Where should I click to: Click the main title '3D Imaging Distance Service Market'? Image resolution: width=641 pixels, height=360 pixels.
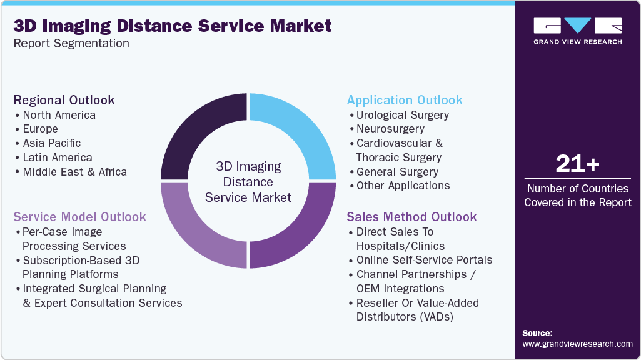pyautogui.click(x=173, y=26)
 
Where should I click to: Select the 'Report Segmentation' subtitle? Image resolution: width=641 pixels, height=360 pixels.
pyautogui.click(x=71, y=44)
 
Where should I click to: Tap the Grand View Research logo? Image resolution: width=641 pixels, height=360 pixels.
pyautogui.click(x=577, y=31)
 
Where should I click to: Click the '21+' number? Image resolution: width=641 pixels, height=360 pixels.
pyautogui.click(x=577, y=164)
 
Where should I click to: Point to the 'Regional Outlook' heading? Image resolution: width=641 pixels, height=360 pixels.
pyautogui.click(x=64, y=100)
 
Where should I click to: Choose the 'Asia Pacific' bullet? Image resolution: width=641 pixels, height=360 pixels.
pyautogui.click(x=51, y=143)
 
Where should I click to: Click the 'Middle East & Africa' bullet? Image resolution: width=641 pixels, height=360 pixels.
pyautogui.click(x=74, y=172)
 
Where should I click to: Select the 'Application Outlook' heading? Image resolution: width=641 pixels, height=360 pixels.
pyautogui.click(x=405, y=100)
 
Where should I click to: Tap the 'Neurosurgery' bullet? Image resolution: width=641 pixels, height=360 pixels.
pyautogui.click(x=390, y=129)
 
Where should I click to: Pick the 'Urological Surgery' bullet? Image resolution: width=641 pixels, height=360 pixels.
pyautogui.click(x=402, y=115)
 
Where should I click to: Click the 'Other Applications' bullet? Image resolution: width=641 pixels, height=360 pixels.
pyautogui.click(x=403, y=186)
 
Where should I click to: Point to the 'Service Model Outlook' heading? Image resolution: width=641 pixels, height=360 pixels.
pyautogui.click(x=80, y=217)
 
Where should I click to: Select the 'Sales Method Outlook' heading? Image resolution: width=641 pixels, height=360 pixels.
pyautogui.click(x=411, y=217)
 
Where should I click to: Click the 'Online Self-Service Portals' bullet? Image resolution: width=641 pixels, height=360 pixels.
pyautogui.click(x=424, y=260)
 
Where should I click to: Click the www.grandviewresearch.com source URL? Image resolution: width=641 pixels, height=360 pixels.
pyautogui.click(x=577, y=344)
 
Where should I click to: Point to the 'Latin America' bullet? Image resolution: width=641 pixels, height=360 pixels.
pyautogui.click(x=57, y=157)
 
